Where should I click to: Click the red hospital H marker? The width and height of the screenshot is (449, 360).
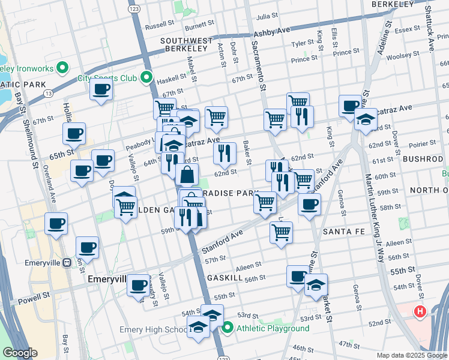pos(420,312)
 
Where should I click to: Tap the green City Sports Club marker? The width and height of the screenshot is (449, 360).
pos(146,77)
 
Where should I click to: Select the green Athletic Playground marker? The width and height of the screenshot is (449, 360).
pos(228,328)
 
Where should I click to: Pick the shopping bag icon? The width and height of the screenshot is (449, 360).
pos(187,175)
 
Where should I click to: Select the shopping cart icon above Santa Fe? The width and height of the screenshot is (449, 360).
pos(281,232)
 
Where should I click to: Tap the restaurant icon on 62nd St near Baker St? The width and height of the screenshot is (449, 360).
pos(224,153)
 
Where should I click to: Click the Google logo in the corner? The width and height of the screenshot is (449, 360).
pos(20,353)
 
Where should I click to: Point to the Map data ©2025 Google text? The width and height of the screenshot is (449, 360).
pos(411,355)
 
